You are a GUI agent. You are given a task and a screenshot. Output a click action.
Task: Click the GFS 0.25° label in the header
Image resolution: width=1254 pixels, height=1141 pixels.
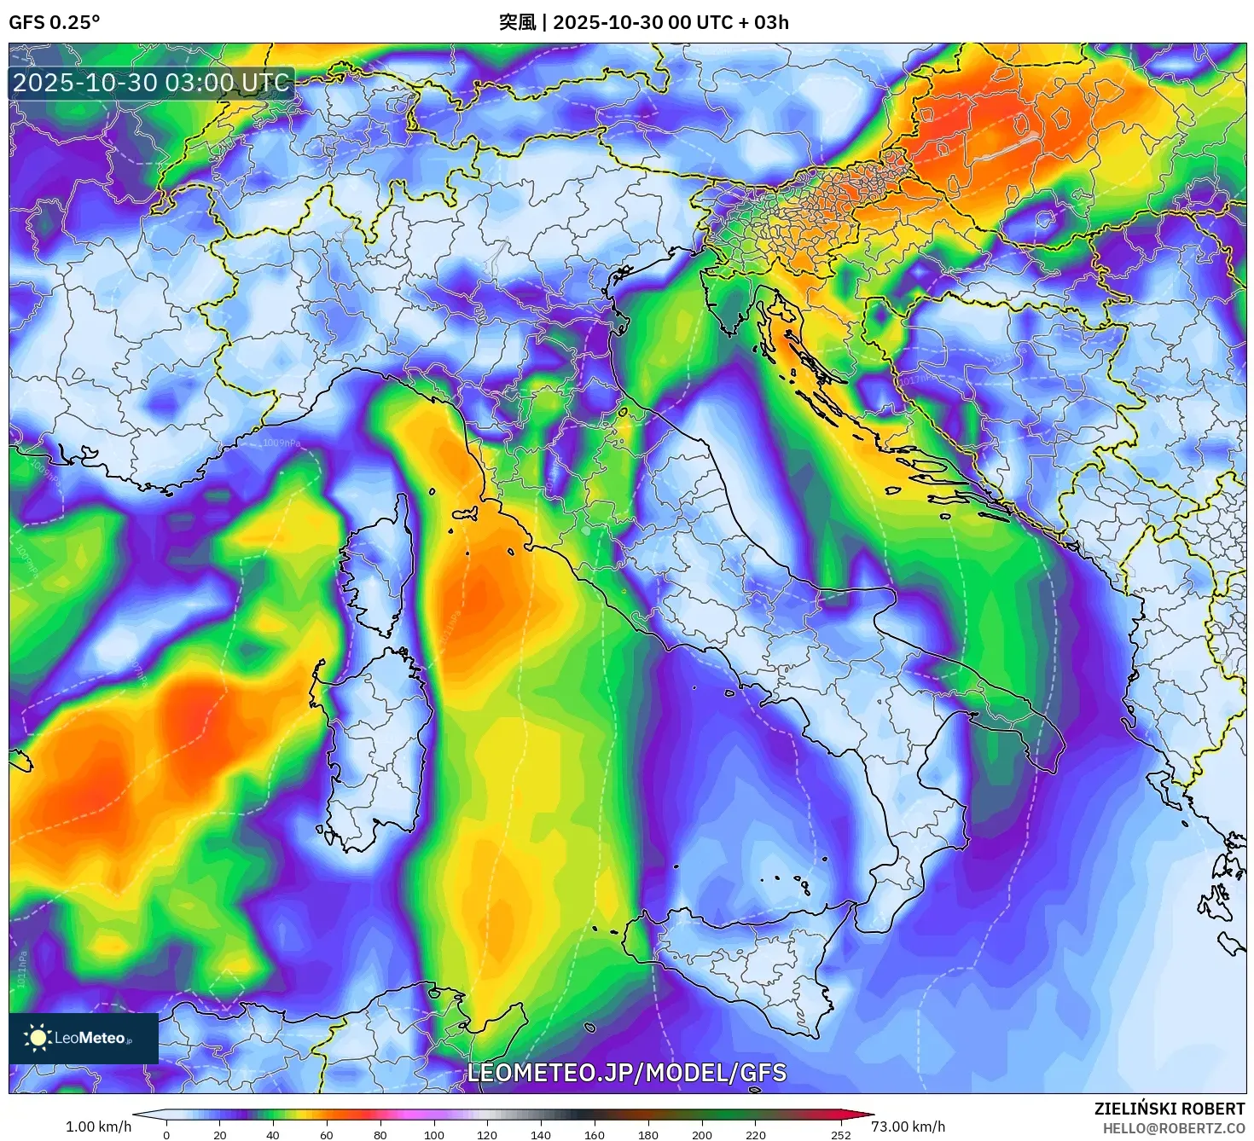tap(54, 22)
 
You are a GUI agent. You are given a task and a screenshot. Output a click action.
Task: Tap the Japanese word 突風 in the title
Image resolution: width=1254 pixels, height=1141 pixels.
tap(517, 22)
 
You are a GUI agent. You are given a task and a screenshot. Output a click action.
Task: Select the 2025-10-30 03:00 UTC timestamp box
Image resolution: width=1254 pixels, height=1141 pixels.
tap(152, 83)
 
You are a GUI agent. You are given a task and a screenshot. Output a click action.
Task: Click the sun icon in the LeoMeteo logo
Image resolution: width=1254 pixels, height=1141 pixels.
tap(38, 1037)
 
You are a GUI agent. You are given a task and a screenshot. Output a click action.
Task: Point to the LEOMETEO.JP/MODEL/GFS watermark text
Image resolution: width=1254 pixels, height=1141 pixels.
tap(627, 1073)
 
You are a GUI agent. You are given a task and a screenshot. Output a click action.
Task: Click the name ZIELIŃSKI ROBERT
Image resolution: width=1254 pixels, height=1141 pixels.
tap(1170, 1109)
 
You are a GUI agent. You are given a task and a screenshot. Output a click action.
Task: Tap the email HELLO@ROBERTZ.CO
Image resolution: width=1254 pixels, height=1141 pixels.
tap(1174, 1128)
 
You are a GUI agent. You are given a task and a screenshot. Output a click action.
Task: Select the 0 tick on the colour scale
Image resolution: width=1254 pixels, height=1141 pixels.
tap(166, 1134)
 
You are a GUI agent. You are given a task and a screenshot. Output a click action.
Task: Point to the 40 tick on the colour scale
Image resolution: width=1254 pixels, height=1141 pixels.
tap(273, 1134)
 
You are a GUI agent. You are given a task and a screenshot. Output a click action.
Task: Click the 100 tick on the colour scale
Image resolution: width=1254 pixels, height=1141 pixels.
tap(433, 1134)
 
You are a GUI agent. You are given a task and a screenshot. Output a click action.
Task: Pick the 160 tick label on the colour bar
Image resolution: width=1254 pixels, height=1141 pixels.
tap(595, 1134)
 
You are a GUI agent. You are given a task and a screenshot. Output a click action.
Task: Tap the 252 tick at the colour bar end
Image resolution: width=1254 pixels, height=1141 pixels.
tap(841, 1134)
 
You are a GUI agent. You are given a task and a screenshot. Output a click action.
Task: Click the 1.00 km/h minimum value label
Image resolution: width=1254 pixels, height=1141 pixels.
tap(99, 1127)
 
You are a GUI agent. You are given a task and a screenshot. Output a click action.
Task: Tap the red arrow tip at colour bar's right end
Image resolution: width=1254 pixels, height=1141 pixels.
tap(868, 1114)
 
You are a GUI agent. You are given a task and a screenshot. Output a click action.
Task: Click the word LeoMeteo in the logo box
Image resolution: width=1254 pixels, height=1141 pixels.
tap(90, 1038)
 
